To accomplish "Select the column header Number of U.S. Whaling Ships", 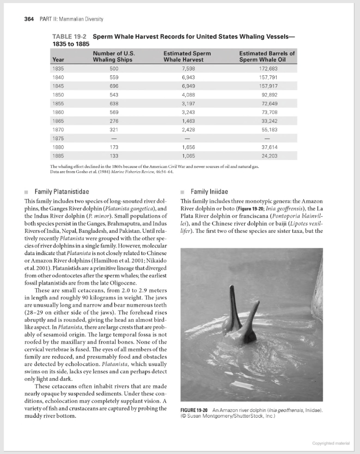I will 113,56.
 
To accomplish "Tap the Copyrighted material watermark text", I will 331,443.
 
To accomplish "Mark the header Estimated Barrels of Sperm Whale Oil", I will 266,56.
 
